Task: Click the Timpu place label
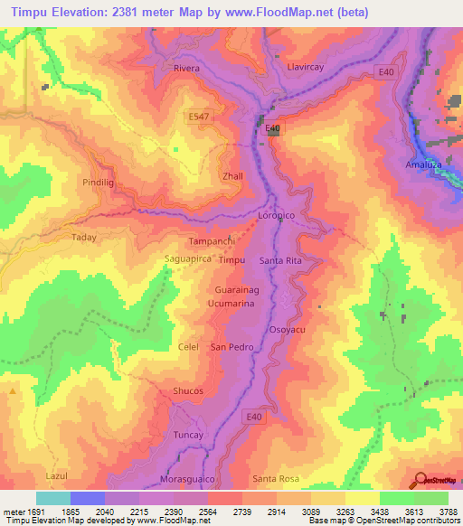point(232,260)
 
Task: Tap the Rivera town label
point(186,69)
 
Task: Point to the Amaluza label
point(422,166)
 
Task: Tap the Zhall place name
point(232,175)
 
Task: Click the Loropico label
point(278,218)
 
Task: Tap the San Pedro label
point(231,347)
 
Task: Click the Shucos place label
point(187,390)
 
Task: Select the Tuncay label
point(189,436)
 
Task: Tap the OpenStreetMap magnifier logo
point(420,481)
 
